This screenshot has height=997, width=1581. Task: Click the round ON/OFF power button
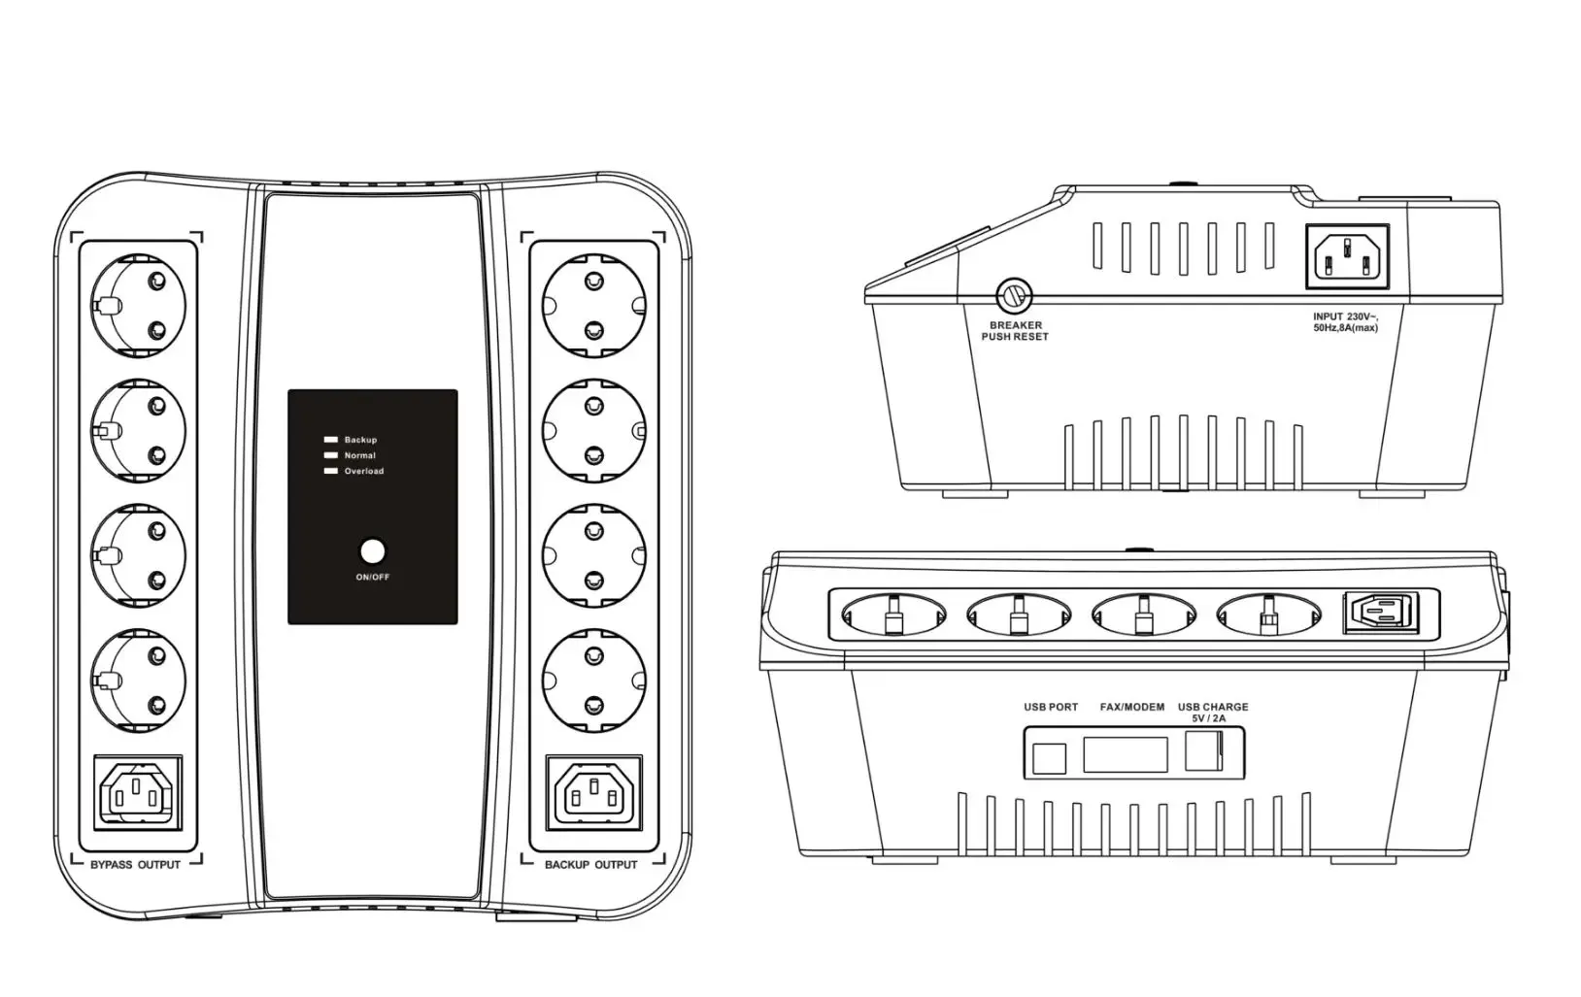(x=372, y=552)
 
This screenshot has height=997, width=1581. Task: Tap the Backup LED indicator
(x=330, y=440)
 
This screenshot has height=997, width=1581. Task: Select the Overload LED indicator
(x=330, y=471)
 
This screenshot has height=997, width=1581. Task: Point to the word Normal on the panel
(x=359, y=455)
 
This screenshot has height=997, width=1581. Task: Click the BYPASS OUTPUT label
(x=135, y=864)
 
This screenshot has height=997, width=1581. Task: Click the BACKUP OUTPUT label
(x=590, y=864)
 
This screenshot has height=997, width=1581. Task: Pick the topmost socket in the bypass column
(x=137, y=305)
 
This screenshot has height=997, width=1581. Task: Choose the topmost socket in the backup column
(x=593, y=304)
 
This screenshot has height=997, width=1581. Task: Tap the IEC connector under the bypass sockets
(x=137, y=792)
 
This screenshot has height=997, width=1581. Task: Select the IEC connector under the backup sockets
(x=593, y=792)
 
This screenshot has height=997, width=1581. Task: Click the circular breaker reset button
(x=1015, y=294)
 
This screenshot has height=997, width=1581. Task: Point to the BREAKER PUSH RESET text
(x=1015, y=331)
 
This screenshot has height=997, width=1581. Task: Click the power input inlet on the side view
(x=1347, y=257)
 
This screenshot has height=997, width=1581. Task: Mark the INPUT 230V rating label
(x=1345, y=322)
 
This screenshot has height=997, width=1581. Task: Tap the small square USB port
(x=1049, y=756)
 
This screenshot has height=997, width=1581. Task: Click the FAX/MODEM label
(x=1131, y=707)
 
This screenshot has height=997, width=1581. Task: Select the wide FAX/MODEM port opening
(x=1125, y=754)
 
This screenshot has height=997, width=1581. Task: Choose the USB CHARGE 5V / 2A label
(x=1213, y=712)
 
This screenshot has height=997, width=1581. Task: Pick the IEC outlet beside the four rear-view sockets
(x=1377, y=614)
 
